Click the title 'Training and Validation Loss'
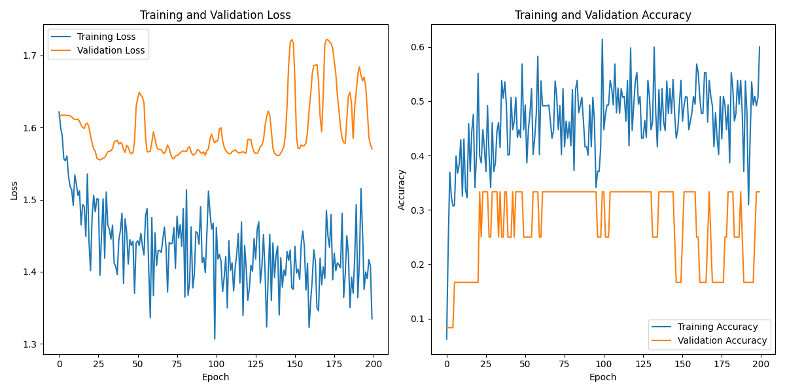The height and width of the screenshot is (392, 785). click(x=216, y=15)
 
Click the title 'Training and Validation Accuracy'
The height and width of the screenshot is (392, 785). click(x=603, y=15)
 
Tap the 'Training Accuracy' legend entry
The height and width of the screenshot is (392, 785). click(x=718, y=327)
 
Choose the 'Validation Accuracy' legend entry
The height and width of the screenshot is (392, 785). click(x=722, y=340)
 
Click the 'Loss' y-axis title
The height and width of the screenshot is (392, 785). click(x=14, y=189)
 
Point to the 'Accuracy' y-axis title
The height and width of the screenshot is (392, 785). click(x=401, y=189)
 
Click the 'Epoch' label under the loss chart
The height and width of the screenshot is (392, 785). click(x=216, y=377)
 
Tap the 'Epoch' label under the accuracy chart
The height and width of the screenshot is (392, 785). click(x=603, y=377)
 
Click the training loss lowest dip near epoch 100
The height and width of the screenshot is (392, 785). click(x=215, y=338)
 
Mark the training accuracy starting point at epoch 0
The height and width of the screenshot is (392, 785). click(x=447, y=338)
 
